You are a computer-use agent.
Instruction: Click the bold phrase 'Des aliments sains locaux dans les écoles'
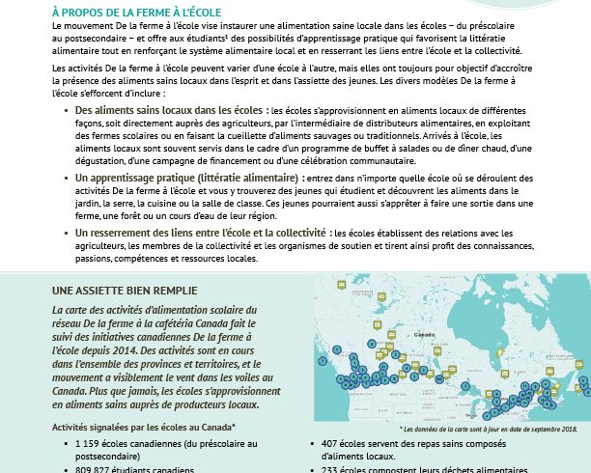pyautogui.click(x=170, y=112)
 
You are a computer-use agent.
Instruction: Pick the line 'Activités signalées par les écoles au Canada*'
pyautogui.click(x=144, y=426)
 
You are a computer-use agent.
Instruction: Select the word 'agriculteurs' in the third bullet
pyautogui.click(x=100, y=247)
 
